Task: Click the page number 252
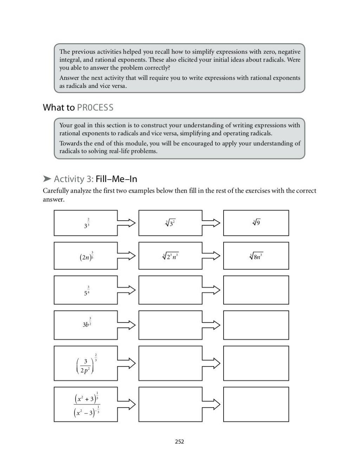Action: [x=179, y=441]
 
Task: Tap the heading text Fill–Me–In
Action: [x=116, y=179]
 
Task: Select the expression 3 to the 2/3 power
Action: [x=86, y=224]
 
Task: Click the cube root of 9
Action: [x=256, y=222]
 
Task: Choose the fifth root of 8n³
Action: [x=256, y=256]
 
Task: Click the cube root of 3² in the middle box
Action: [x=170, y=222]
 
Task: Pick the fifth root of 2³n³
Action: [x=170, y=256]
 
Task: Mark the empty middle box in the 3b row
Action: [x=170, y=325]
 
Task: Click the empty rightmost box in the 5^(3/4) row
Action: [x=256, y=290]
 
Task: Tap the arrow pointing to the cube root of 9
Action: [x=212, y=223]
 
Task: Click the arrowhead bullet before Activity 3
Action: [x=47, y=179]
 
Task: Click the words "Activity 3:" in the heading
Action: [x=73, y=179]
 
